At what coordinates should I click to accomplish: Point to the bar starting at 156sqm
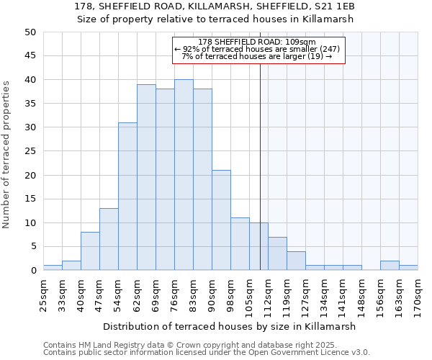point(390,266)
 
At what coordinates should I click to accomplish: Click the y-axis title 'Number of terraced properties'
point(7,155)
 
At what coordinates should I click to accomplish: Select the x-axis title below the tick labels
point(230,326)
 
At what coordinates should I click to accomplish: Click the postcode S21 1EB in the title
point(334,6)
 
